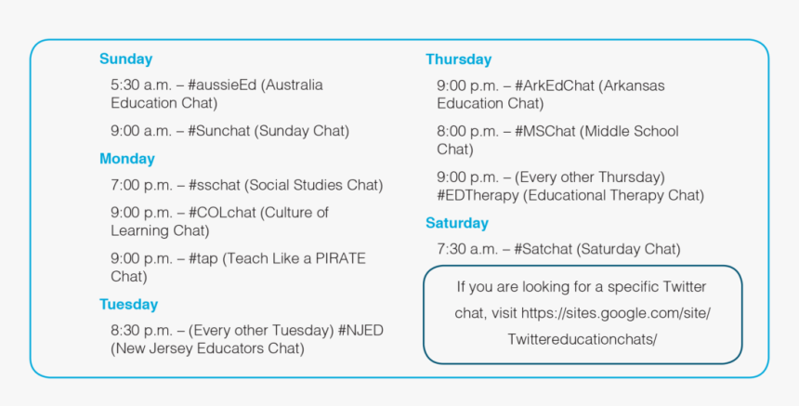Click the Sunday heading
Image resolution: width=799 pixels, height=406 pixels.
[x=125, y=59]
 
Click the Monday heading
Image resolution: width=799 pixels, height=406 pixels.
[x=127, y=159]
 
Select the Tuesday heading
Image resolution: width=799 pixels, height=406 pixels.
[x=128, y=305]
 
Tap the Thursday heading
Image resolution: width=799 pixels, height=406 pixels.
[x=458, y=59]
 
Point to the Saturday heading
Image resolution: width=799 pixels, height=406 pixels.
[x=456, y=223]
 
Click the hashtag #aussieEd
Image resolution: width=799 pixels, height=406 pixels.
[x=222, y=85]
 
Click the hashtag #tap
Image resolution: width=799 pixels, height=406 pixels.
[x=204, y=258]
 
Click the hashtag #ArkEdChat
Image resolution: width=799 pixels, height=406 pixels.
[x=554, y=85]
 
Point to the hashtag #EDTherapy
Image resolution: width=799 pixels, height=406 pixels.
[x=479, y=195]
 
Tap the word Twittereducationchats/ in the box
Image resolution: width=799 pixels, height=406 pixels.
[x=582, y=339]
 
